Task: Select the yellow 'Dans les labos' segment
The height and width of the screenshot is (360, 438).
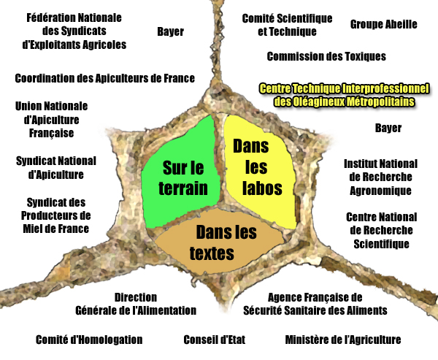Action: (x=260, y=170)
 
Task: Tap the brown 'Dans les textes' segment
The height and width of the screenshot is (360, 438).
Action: (x=219, y=242)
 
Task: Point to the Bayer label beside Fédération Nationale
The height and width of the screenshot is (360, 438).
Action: (x=170, y=31)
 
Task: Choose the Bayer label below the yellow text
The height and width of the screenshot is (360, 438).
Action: (x=388, y=128)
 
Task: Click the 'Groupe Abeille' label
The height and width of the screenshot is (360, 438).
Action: (x=383, y=24)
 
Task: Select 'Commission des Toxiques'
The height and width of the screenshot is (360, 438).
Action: (x=326, y=56)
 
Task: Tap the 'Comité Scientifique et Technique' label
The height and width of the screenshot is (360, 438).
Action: (x=287, y=25)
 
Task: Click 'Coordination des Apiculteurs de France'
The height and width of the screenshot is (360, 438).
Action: (x=104, y=78)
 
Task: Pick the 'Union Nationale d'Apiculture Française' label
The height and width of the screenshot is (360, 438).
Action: (x=51, y=119)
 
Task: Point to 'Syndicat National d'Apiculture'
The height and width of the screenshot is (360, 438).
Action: (x=56, y=168)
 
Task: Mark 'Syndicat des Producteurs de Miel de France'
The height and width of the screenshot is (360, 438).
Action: (x=56, y=215)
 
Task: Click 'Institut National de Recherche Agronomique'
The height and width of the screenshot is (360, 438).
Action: (x=380, y=177)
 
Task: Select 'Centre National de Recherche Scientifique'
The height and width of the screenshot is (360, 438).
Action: (x=381, y=230)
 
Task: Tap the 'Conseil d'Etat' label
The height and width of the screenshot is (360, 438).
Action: (x=214, y=340)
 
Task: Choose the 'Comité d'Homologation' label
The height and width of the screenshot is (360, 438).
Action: (x=89, y=340)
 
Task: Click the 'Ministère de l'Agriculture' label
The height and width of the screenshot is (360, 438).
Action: (x=343, y=340)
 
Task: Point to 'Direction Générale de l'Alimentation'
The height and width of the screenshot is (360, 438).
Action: (x=136, y=304)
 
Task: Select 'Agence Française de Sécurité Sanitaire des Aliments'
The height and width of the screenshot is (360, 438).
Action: (x=315, y=304)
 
